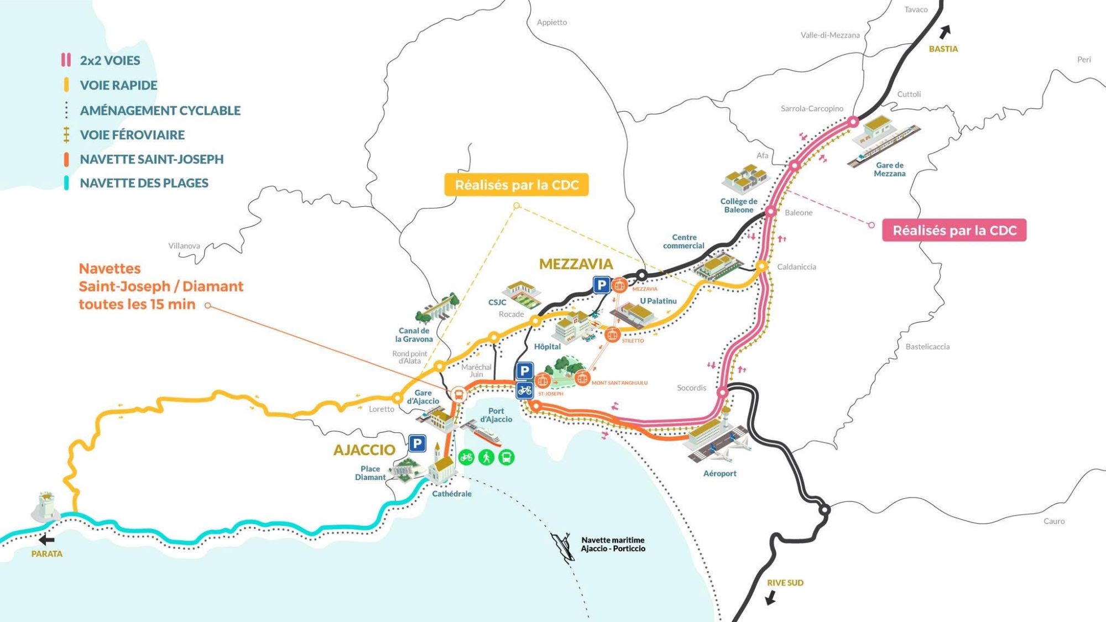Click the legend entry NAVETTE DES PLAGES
144,183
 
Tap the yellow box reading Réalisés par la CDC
516,185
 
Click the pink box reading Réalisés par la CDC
954,231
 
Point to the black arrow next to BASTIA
946,31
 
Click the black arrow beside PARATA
47,540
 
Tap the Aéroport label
719,473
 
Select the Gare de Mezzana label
889,169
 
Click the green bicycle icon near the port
466,457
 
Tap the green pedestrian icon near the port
486,457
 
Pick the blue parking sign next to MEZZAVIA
601,285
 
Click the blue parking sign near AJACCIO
417,443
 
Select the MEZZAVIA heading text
576,264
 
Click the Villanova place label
184,246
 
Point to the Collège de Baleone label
739,205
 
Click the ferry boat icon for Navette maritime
562,546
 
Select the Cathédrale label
451,494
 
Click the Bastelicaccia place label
927,347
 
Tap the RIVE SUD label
785,583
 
